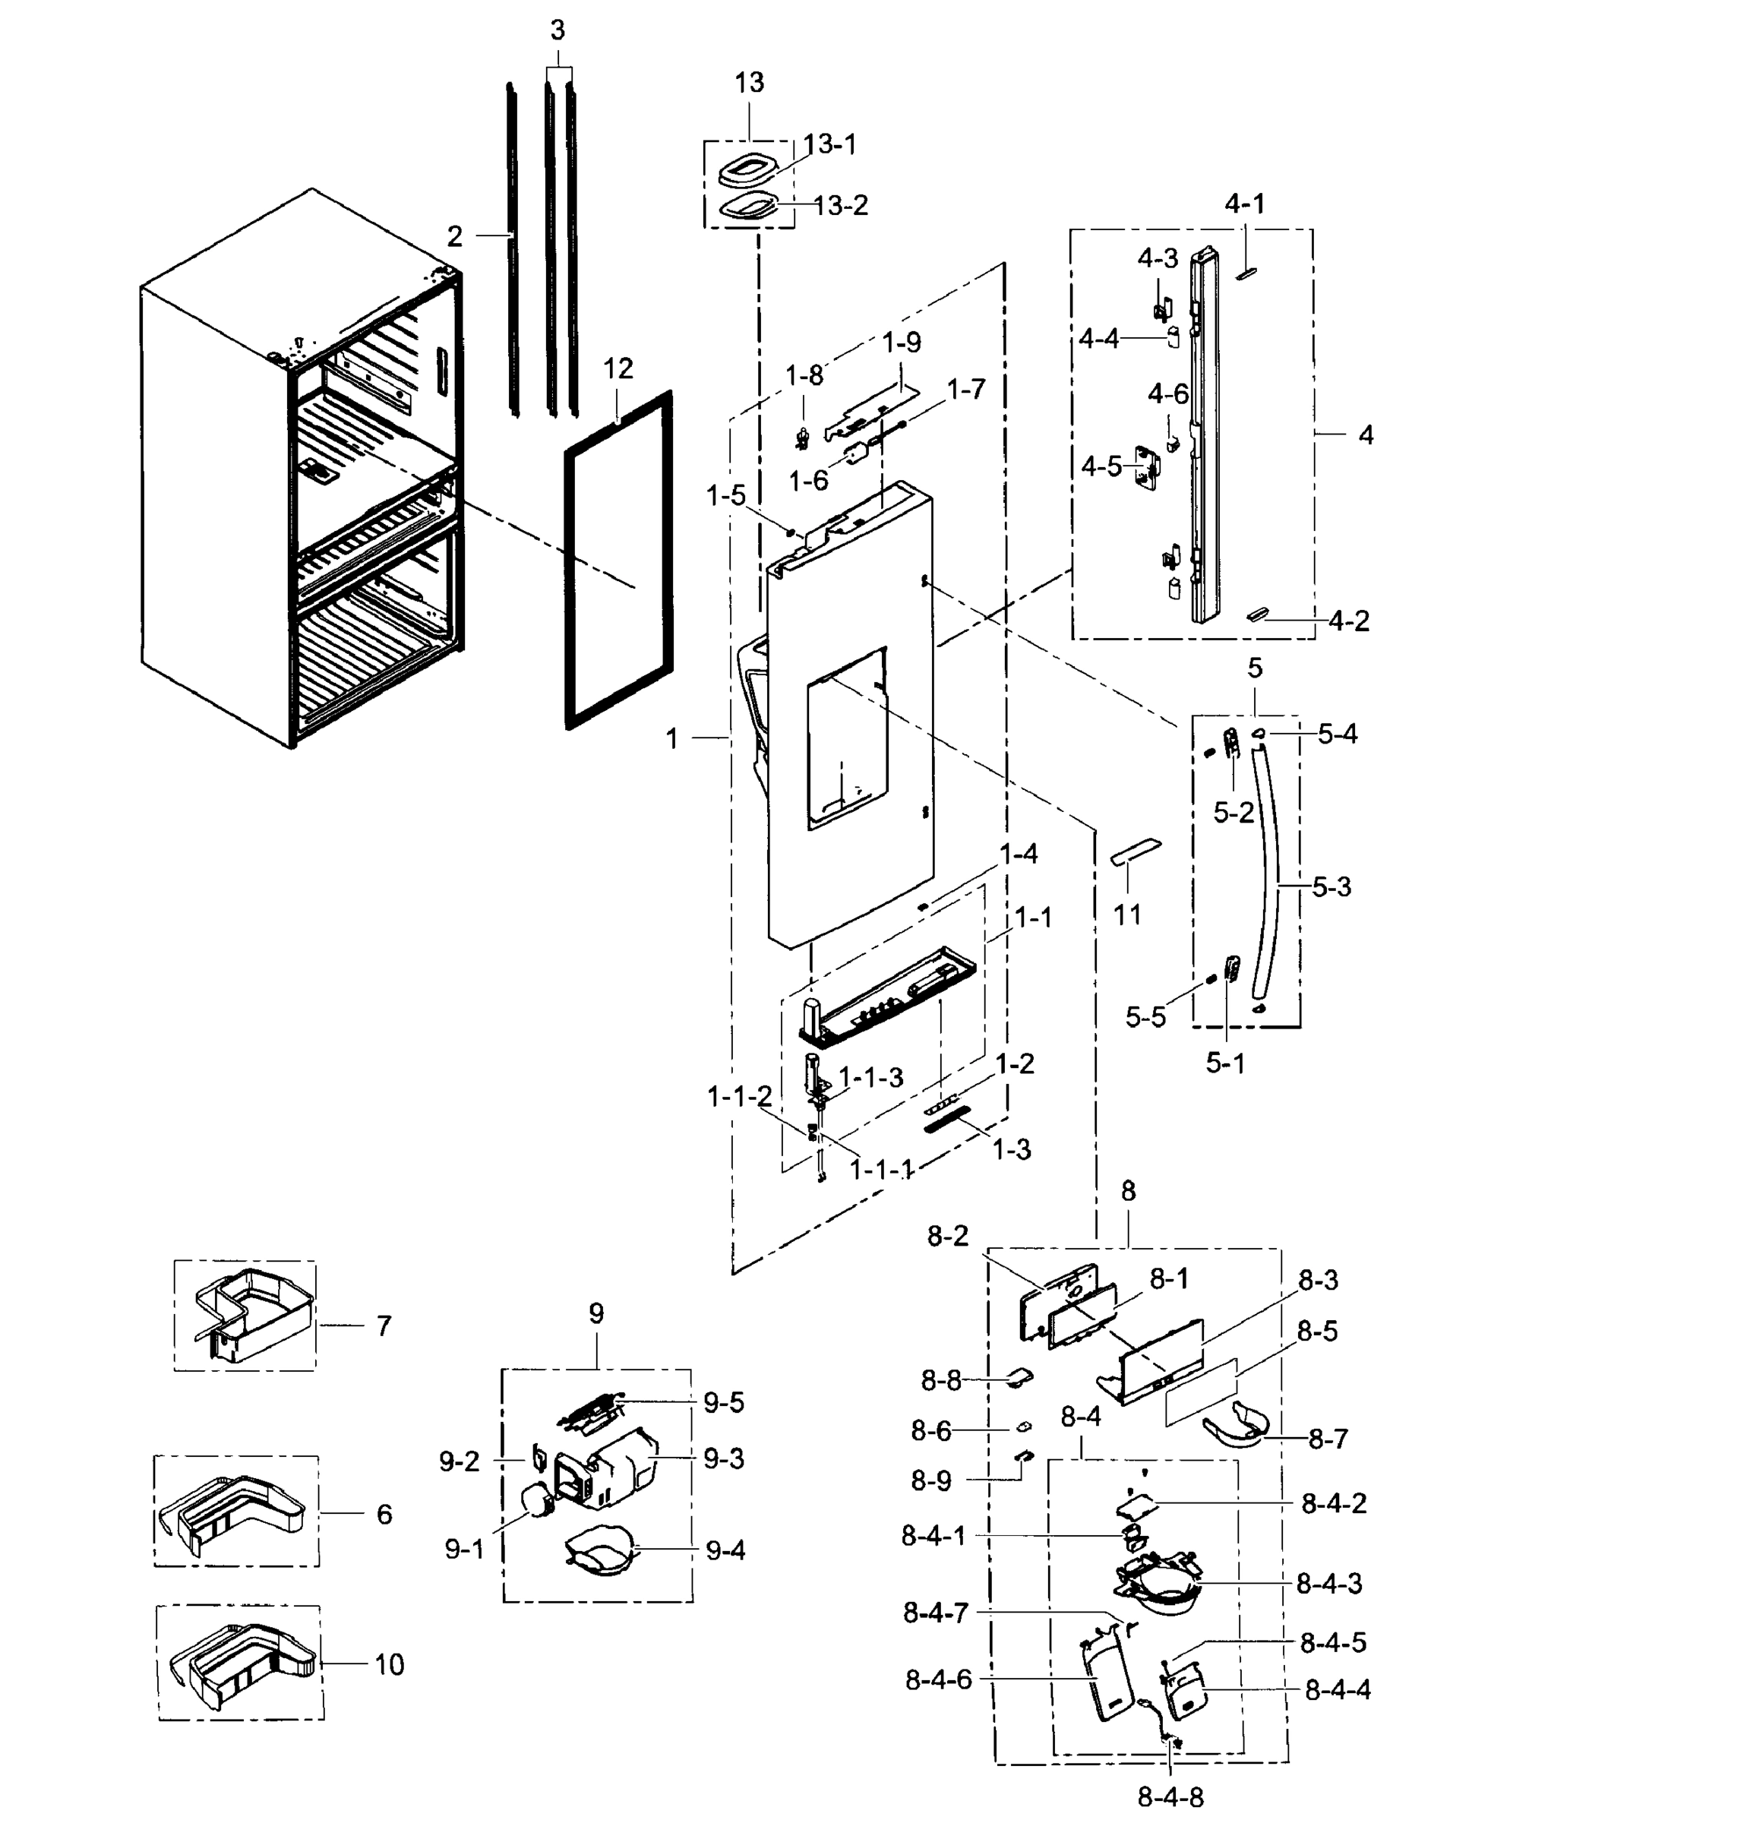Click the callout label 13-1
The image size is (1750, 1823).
(x=829, y=144)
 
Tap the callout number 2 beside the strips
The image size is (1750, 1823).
(x=453, y=236)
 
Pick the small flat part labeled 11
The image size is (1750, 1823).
(x=1136, y=850)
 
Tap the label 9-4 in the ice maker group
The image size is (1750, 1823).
(x=725, y=1550)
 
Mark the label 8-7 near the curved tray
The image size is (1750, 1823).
(x=1327, y=1439)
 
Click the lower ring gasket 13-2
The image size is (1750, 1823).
(x=749, y=207)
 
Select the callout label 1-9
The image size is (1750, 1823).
(x=900, y=343)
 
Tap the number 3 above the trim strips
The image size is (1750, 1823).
(x=557, y=30)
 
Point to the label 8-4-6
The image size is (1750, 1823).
(x=937, y=1679)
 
